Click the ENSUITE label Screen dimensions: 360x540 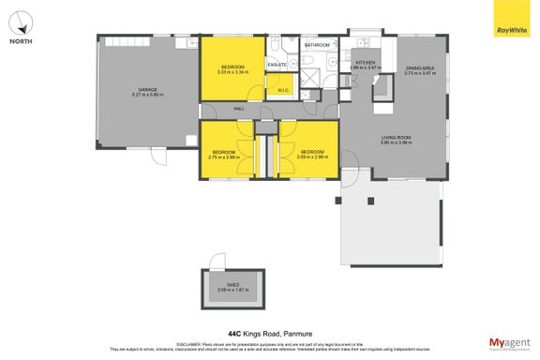tap(277, 65)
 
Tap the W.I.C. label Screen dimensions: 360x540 tap(282, 90)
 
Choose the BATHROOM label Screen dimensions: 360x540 tap(317, 45)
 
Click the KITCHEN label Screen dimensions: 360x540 tap(365, 62)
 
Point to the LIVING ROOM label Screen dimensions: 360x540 tap(397, 138)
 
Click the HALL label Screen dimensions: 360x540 tap(226, 110)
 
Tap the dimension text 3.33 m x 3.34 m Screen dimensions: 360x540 tap(232, 71)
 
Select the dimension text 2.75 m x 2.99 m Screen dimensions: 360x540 tap(223, 157)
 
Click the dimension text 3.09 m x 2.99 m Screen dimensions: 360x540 tap(312, 157)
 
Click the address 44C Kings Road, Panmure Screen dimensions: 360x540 tap(269, 332)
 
